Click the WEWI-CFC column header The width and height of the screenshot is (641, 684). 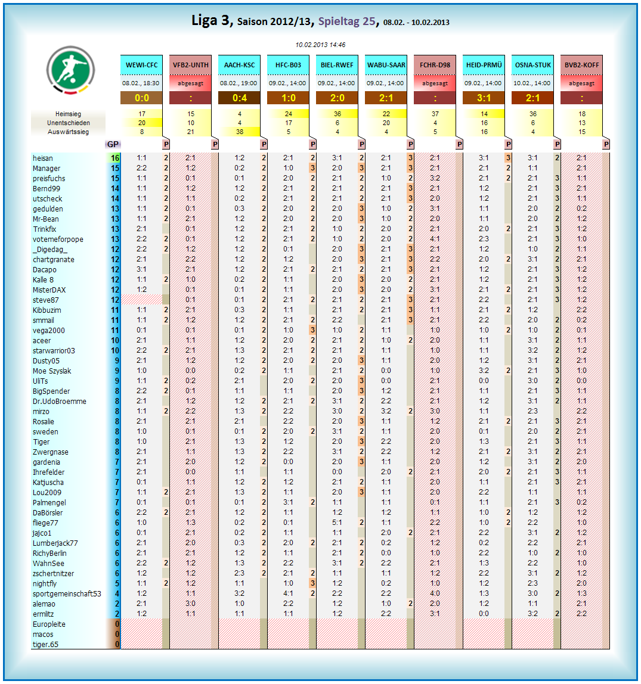pyautogui.click(x=141, y=65)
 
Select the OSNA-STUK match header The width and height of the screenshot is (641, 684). pyautogui.click(x=532, y=65)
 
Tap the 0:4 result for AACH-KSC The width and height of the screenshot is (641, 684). pyautogui.click(x=239, y=98)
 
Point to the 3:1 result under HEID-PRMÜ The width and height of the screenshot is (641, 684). pyautogui.click(x=484, y=98)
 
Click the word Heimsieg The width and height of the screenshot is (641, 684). pyautogui.click(x=68, y=113)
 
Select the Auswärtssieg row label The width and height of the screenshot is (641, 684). pyautogui.click(x=68, y=132)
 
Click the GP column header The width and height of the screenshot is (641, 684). pyautogui.click(x=112, y=144)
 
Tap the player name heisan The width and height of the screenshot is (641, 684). pyautogui.click(x=43, y=158)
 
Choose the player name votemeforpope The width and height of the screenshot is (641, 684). pyautogui.click(x=58, y=240)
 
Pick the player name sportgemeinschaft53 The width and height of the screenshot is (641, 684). pyautogui.click(x=67, y=594)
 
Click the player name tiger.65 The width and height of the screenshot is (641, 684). pyautogui.click(x=45, y=645)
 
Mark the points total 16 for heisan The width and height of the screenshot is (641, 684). pyautogui.click(x=115, y=158)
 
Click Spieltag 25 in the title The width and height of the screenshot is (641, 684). pyautogui.click(x=347, y=21)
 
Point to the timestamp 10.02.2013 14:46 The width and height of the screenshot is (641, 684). pyautogui.click(x=320, y=45)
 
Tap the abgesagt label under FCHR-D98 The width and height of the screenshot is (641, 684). pyautogui.click(x=435, y=83)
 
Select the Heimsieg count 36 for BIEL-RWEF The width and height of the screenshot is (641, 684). pyautogui.click(x=337, y=113)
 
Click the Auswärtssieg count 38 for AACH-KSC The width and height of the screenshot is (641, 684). pyautogui.click(x=240, y=132)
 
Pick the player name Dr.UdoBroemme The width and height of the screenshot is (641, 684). pyautogui.click(x=60, y=402)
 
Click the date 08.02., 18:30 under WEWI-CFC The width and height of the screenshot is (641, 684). pyautogui.click(x=141, y=83)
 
